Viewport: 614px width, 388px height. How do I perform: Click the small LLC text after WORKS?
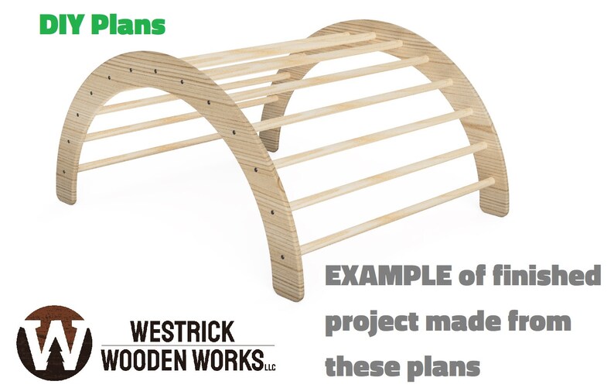coord(269,366)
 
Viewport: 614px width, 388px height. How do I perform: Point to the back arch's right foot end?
coord(492,207)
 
